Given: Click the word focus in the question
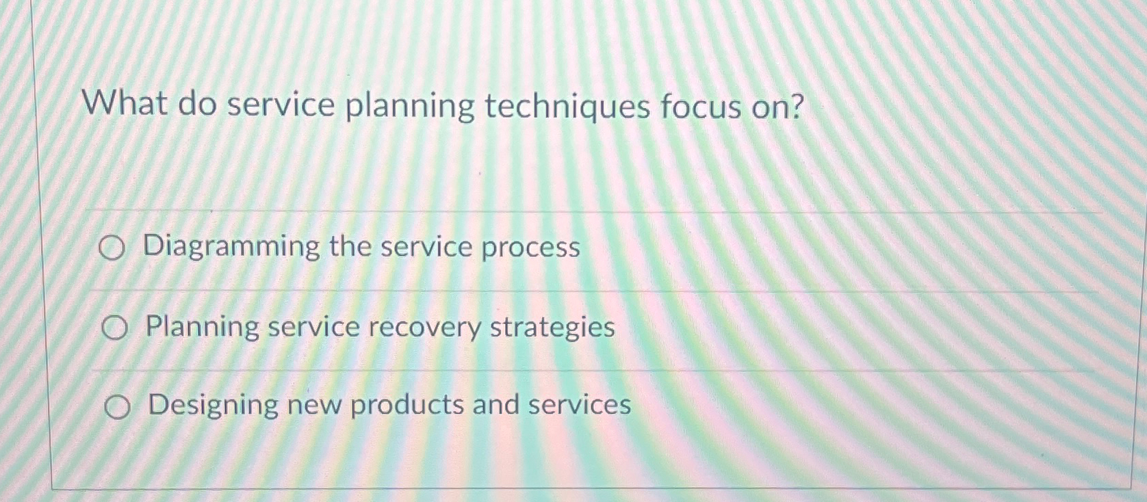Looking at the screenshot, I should coord(700,107).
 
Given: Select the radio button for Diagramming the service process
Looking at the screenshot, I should coord(112,249).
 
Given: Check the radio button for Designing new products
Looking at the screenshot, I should coord(117,408).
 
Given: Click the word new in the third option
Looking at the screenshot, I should coord(314,406).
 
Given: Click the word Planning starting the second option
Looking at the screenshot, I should coord(202,328).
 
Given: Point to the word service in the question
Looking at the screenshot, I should coord(281,105).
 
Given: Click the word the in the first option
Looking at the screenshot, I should coord(350,247).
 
